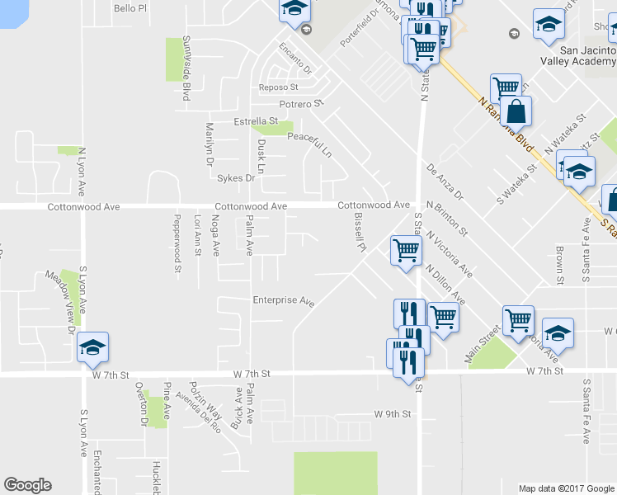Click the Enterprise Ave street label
point(284,300)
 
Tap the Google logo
point(27,485)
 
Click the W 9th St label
point(392,413)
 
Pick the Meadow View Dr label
point(60,303)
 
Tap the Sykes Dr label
point(235,177)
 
